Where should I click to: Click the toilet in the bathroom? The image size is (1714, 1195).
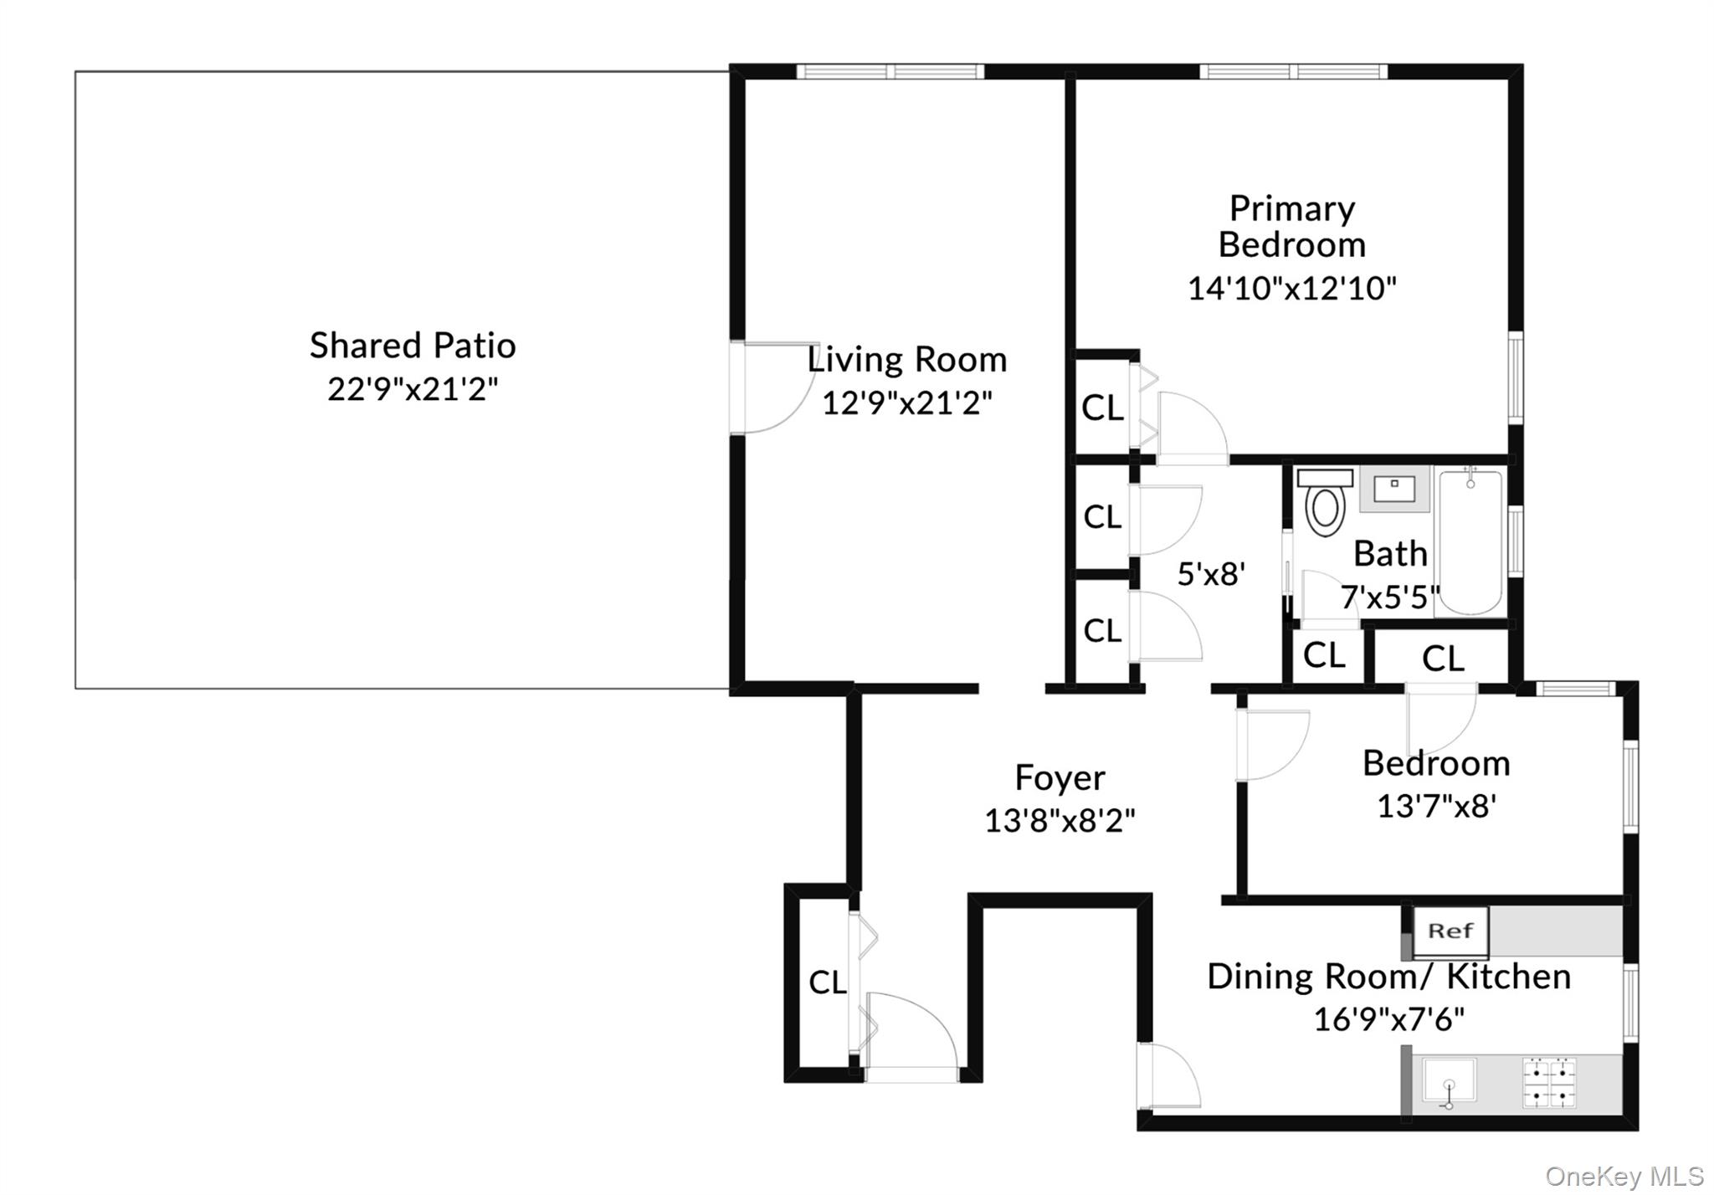click(1325, 502)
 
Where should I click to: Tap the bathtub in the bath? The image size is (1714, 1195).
click(1470, 542)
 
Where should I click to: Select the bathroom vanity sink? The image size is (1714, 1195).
click(1394, 489)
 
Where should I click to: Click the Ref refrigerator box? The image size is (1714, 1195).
click(1450, 931)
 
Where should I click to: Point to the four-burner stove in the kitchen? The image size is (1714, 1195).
click(1549, 1083)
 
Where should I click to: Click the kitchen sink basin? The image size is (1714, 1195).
click(1450, 1083)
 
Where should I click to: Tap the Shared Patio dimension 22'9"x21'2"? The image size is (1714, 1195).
click(413, 389)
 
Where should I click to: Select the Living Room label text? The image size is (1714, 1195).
click(907, 360)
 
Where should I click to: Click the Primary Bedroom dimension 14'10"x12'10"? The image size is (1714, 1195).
click(1292, 289)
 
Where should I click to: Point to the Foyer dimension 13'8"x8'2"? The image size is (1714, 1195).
click(1060, 821)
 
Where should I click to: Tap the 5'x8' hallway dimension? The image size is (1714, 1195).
click(1211, 574)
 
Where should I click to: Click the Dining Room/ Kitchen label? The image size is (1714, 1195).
click(1388, 977)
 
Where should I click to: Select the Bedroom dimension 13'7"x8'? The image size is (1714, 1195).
click(1436, 806)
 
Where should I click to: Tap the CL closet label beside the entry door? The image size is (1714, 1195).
click(827, 982)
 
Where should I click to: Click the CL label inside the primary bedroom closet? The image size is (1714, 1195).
click(1102, 408)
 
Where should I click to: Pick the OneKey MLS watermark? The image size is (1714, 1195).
click(1624, 1176)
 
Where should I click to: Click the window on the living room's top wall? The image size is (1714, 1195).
click(890, 71)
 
